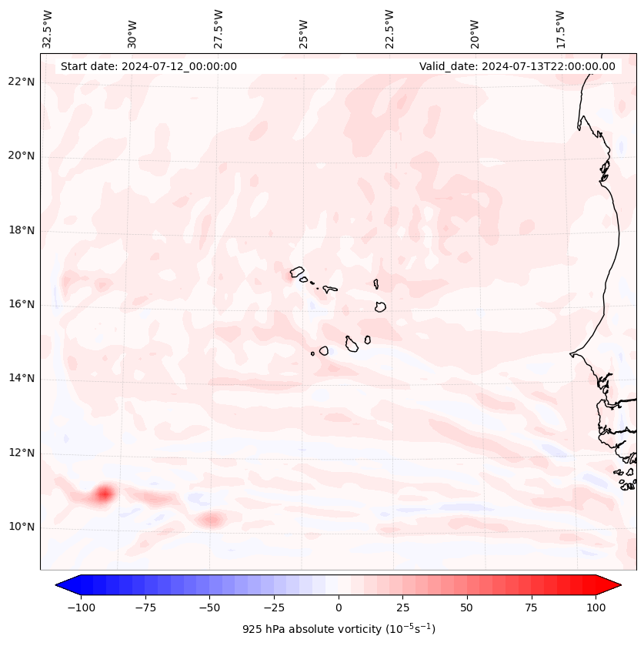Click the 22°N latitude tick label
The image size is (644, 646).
click(22, 82)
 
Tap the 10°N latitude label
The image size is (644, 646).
click(22, 527)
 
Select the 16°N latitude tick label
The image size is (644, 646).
click(22, 305)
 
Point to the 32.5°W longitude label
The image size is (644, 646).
click(48, 28)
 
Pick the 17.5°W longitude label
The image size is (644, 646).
click(559, 28)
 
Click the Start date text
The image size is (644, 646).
click(148, 66)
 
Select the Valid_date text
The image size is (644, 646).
click(517, 66)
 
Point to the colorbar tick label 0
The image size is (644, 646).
click(339, 608)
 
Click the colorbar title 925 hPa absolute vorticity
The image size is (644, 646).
click(339, 629)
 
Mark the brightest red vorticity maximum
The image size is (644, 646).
click(104, 494)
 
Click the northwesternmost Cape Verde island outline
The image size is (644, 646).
click(297, 272)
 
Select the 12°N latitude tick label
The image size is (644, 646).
click(22, 453)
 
